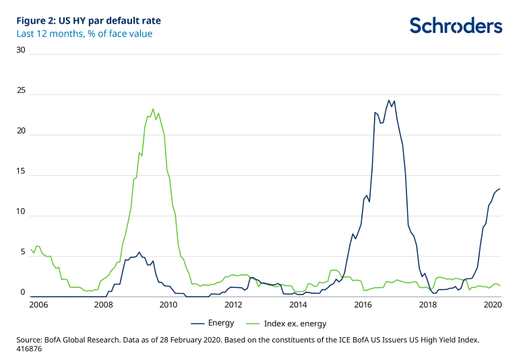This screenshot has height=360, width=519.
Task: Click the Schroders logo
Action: pos(456,26)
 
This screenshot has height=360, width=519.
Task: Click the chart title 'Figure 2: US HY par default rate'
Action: pos(89,20)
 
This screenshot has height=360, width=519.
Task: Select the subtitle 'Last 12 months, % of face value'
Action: pos(84,34)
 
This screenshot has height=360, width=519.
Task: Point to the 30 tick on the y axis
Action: pos(21,50)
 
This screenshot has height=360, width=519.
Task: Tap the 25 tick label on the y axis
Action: pos(21,90)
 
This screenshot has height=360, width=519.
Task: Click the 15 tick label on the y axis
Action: pos(21,171)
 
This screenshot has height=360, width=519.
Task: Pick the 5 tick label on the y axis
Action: pos(22,252)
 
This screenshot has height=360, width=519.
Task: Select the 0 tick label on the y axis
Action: pos(22,293)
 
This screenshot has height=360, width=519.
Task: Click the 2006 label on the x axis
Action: pos(38,305)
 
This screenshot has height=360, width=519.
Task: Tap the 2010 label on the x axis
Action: pos(168,305)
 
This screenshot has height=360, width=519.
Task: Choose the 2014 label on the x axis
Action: pos(298,305)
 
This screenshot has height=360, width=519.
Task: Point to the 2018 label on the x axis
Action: pos(428,305)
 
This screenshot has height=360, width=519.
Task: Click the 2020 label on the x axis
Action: pos(493,305)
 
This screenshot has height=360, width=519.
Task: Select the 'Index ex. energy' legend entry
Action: pos(292,323)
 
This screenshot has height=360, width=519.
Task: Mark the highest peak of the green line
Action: pos(153,109)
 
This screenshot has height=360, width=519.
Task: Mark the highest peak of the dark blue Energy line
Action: pos(388,100)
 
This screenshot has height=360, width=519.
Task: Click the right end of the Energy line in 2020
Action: pos(499,189)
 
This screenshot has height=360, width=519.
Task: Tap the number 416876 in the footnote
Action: pos(31,350)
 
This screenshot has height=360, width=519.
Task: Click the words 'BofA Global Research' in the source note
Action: pos(87,340)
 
